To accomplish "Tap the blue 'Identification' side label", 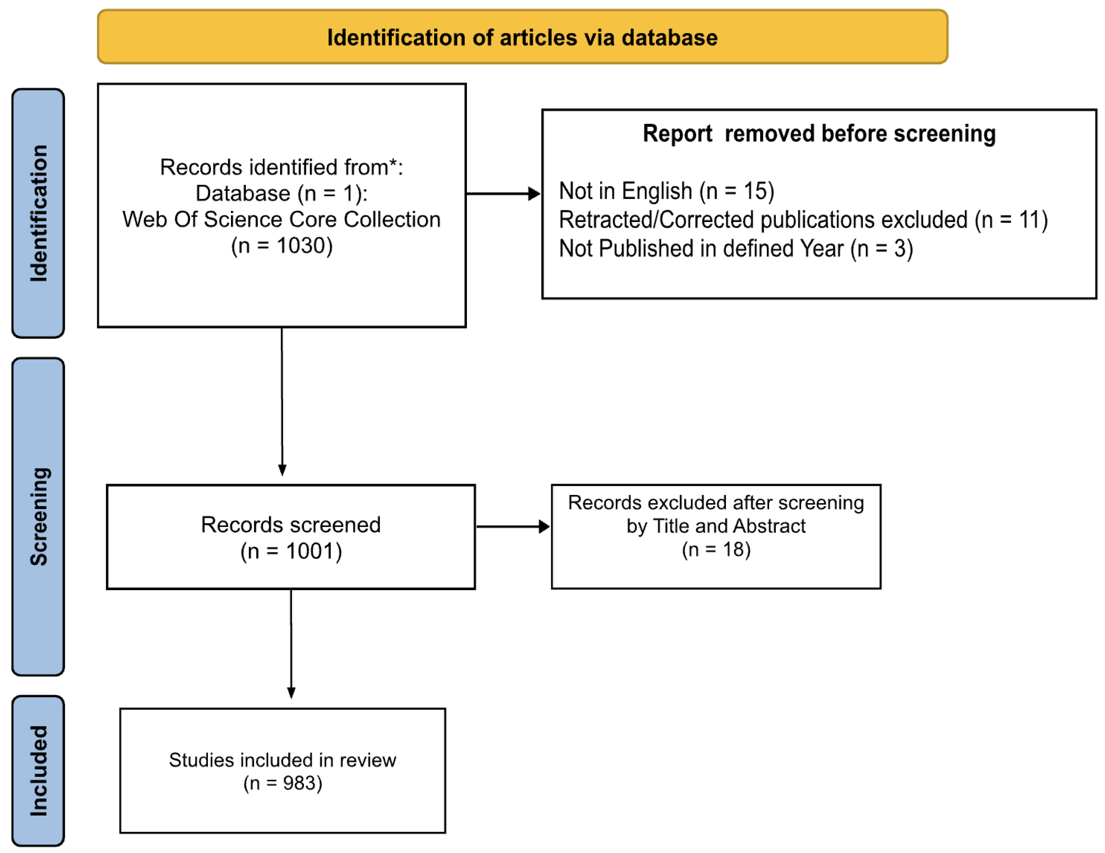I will (x=38, y=213).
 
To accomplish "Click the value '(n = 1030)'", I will (x=282, y=246).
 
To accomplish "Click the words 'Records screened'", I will (x=290, y=525).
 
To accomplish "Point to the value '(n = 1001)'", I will (x=291, y=551).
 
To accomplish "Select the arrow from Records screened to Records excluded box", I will (x=512, y=527).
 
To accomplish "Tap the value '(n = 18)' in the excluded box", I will (x=716, y=550).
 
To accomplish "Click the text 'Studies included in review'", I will (x=282, y=760).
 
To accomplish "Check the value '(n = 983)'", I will (x=282, y=783).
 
